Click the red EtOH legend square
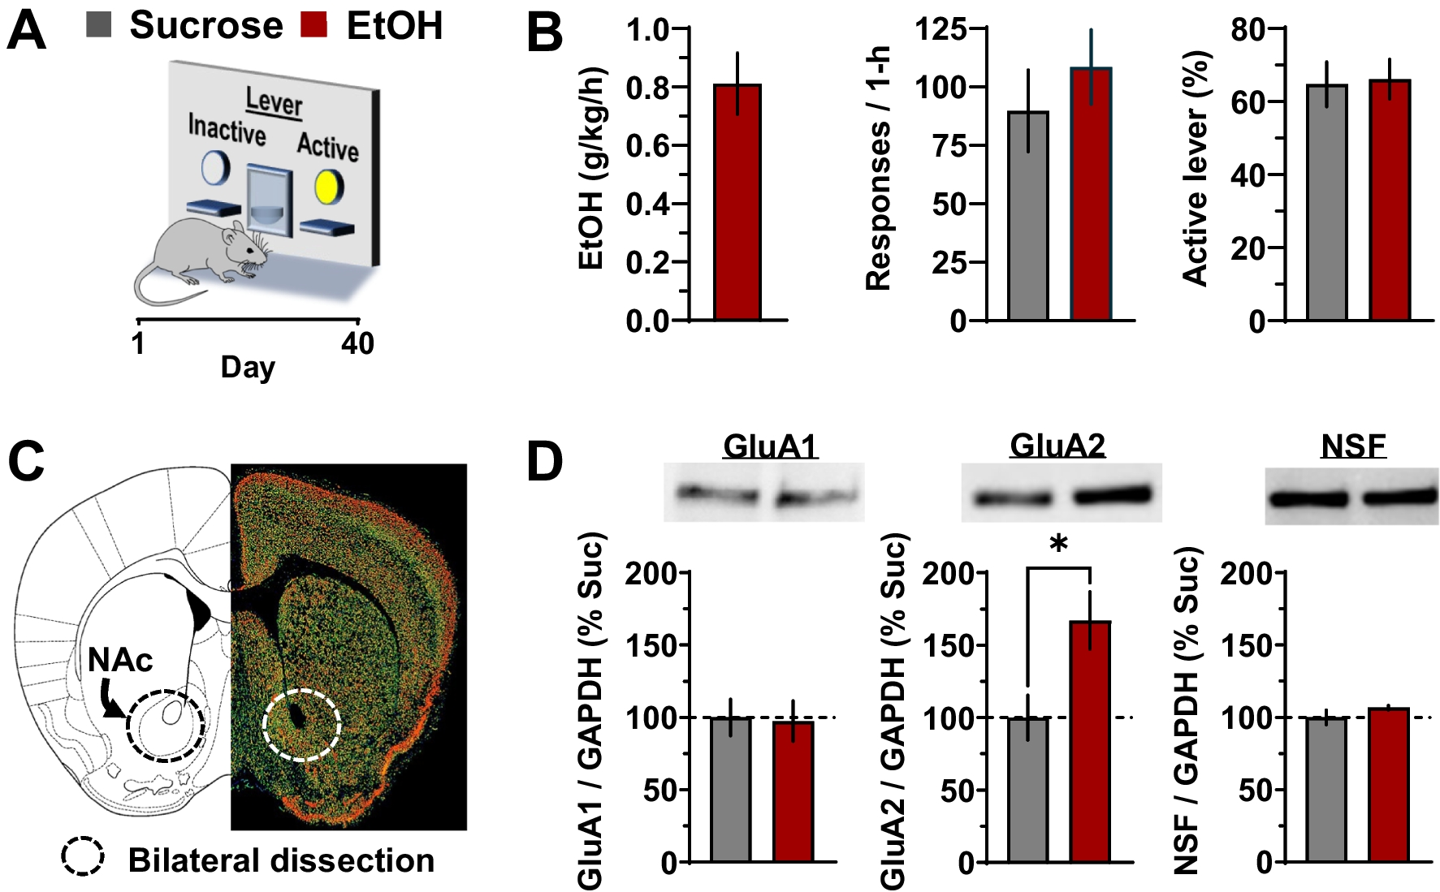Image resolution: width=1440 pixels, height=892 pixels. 314,24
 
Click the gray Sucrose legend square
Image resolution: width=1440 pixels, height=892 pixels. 98,24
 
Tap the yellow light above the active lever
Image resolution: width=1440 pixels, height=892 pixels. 329,186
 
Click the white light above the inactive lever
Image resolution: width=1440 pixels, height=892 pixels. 215,168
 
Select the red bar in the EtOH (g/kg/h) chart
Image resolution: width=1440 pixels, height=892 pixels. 737,203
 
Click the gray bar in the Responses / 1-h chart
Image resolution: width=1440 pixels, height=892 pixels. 1028,216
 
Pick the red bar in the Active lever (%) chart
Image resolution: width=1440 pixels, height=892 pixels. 1390,200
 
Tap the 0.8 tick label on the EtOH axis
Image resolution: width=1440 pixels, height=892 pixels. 646,88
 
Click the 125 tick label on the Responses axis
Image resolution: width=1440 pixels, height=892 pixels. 941,29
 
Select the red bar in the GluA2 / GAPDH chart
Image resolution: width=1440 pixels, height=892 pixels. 1090,740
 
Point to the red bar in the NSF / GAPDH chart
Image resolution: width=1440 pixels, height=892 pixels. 1389,784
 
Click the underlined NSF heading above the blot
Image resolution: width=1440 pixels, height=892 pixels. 1353,446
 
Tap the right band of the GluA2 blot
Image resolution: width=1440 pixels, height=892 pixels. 1113,494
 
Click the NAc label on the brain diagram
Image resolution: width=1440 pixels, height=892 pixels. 120,661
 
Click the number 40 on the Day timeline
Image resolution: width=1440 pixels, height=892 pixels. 357,343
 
